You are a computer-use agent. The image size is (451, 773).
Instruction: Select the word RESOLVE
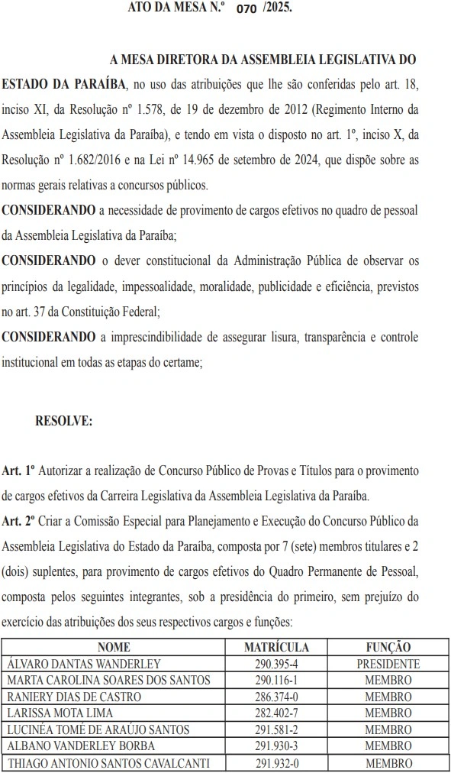coord(63,421)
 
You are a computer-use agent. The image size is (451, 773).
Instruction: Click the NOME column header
coord(114,647)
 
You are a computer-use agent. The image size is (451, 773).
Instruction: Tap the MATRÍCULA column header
coord(276,647)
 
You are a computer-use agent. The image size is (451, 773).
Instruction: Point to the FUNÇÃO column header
coord(388,647)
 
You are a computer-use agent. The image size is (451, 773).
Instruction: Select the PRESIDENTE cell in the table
coord(388,664)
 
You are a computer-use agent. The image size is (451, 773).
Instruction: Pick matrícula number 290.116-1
coord(276,680)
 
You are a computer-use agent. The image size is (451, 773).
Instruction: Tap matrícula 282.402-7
coord(276,713)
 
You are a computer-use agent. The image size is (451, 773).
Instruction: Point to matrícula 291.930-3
coord(276,746)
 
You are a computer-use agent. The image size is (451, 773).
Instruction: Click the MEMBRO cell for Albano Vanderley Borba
coord(388,746)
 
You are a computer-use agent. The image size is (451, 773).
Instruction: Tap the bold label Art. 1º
coord(19,472)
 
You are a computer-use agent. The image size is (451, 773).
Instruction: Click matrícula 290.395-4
coord(276,664)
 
